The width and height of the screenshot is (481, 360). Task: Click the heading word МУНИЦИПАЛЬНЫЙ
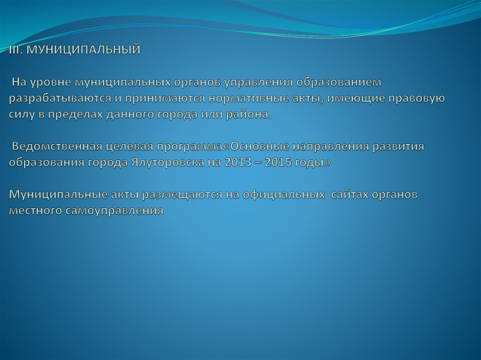click(83, 50)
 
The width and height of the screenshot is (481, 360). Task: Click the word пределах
click(65, 115)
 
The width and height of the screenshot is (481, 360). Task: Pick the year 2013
click(238, 162)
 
